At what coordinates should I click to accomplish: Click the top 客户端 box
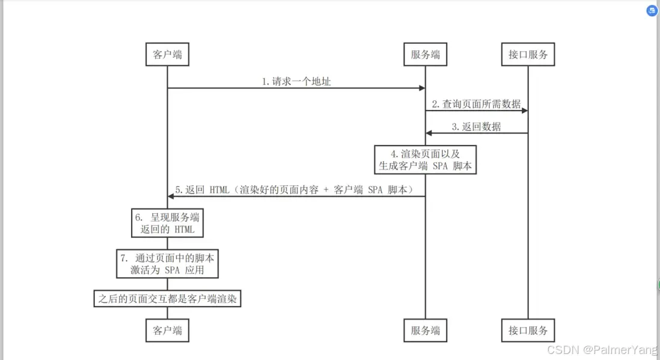tap(167, 55)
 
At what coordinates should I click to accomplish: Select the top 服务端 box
tap(425, 55)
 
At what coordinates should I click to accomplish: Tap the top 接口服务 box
tap(528, 55)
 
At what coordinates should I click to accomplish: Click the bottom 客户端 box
tap(167, 330)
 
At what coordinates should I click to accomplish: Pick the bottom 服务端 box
tap(425, 330)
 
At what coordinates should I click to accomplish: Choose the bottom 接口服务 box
tap(528, 330)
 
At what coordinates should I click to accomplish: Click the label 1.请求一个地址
tap(296, 82)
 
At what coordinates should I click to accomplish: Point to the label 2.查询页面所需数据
tap(476, 104)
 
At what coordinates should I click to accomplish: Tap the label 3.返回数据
tap(476, 127)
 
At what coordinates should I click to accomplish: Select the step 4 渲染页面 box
tap(426, 159)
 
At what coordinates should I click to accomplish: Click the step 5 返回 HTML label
tap(295, 190)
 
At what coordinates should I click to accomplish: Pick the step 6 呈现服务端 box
tap(167, 223)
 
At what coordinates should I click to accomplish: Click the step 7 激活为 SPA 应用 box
tap(167, 264)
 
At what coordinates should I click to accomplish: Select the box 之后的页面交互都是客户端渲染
tap(167, 298)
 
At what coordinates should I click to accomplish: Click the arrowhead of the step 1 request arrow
tap(422, 88)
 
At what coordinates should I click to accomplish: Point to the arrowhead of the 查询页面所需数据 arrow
tap(525, 111)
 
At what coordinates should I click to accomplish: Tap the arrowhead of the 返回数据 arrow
tap(429, 133)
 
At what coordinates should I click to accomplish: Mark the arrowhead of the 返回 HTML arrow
tap(171, 197)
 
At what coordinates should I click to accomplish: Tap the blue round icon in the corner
tap(652, 11)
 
